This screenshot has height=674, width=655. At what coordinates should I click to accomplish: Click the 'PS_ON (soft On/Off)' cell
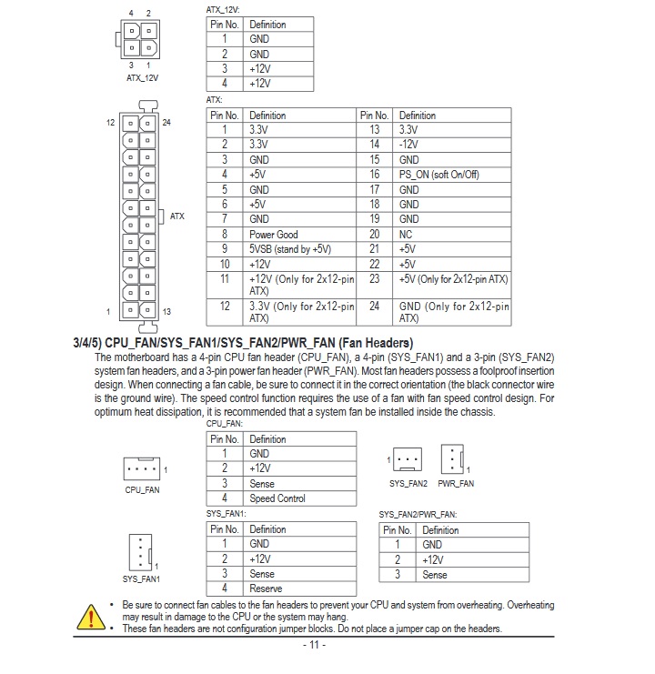(x=438, y=175)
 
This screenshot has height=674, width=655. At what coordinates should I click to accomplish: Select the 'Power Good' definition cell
(x=274, y=235)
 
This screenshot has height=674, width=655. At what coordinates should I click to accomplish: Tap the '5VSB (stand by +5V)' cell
(x=290, y=249)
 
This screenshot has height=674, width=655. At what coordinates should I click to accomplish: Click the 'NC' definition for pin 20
(x=406, y=235)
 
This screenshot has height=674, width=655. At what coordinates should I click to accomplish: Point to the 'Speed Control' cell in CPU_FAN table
(x=277, y=498)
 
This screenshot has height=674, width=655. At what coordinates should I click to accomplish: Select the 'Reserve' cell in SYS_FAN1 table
(x=266, y=588)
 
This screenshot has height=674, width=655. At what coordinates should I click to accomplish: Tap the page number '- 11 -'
(x=314, y=646)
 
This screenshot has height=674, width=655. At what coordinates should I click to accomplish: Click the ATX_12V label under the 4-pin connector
(x=142, y=78)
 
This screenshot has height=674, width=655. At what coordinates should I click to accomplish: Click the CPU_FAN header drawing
(x=141, y=469)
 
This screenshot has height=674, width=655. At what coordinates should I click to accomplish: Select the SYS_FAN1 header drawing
(x=141, y=551)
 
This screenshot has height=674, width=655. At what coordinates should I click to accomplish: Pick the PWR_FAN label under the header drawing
(x=456, y=484)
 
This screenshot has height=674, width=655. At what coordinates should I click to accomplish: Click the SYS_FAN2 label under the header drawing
(x=408, y=484)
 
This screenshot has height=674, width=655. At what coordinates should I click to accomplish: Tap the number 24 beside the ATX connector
(x=166, y=122)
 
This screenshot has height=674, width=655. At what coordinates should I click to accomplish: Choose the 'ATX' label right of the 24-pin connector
(x=176, y=216)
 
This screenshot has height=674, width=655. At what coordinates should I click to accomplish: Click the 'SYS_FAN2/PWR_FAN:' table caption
(x=418, y=514)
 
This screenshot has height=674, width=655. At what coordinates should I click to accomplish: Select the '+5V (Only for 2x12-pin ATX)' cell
(x=453, y=279)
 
